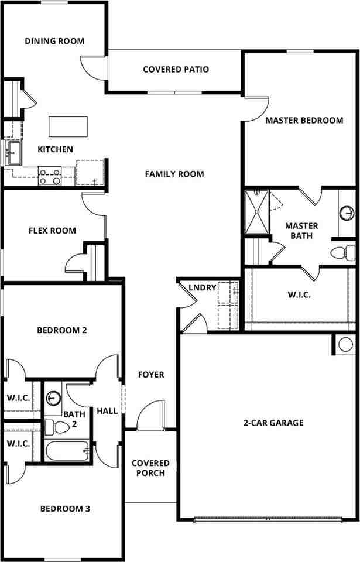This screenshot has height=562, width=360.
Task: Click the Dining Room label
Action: pos(54,42)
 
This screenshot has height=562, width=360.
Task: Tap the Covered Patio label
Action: pos(176,70)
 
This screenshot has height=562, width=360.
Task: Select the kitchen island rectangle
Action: pos(68,126)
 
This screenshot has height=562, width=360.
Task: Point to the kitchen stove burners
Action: pos(50,176)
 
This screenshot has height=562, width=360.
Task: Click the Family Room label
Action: pos(174,174)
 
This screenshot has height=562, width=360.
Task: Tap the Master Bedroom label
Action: pos(304,121)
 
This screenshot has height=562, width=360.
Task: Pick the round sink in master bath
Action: pos(347,212)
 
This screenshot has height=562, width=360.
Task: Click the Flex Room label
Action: pos(52,231)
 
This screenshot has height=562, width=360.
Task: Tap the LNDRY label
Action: pos(203,287)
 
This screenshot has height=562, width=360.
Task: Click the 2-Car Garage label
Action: pos(273,423)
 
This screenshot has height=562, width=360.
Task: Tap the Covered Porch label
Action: pos(150,468)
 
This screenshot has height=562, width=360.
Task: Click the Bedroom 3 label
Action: pos(65,509)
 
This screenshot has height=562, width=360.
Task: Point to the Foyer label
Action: pos(151,375)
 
